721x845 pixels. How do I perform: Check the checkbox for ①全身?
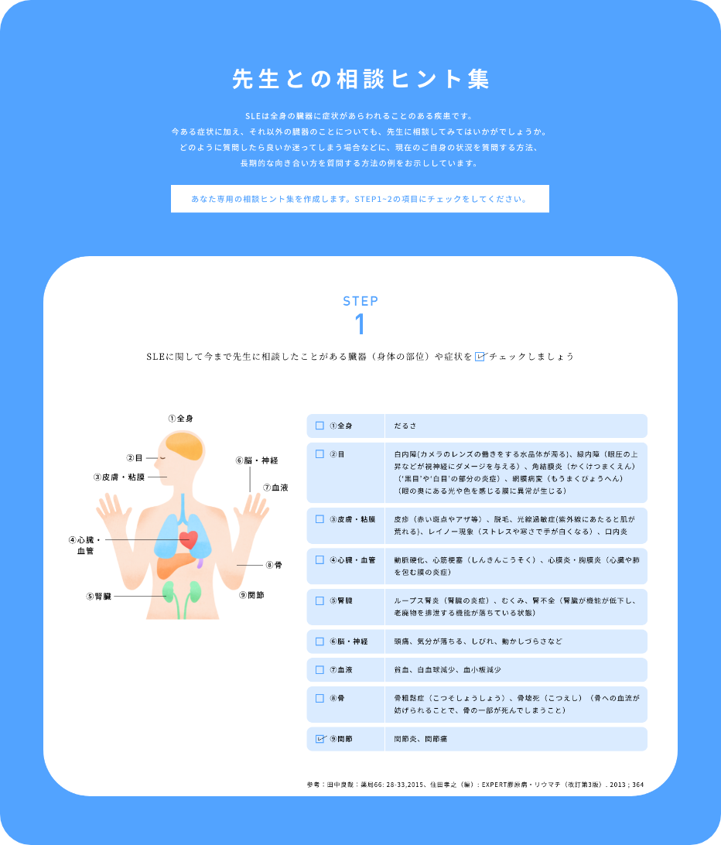pos(319,426)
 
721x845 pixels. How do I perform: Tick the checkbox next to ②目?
pos(319,454)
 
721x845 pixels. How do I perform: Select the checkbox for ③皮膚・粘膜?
pos(319,519)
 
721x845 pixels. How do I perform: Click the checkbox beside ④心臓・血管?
pos(319,560)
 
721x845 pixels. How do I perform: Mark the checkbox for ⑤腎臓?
pos(319,601)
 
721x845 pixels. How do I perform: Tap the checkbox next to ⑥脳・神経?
pos(319,641)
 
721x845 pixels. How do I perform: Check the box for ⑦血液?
pos(319,670)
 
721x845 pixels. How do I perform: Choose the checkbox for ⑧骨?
pos(319,699)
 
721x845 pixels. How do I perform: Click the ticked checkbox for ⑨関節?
pos(320,739)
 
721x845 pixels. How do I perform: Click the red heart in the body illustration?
pos(189,539)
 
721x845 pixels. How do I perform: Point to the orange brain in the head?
pos(184,446)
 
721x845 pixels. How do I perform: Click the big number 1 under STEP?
pos(360,324)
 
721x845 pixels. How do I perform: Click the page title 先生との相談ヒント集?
pos(360,79)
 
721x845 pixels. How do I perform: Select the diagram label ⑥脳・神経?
pos(257,460)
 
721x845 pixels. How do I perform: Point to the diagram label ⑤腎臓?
pos(98,596)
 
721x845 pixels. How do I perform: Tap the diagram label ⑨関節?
pos(251,595)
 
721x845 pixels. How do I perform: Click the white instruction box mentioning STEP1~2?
pos(360,199)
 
